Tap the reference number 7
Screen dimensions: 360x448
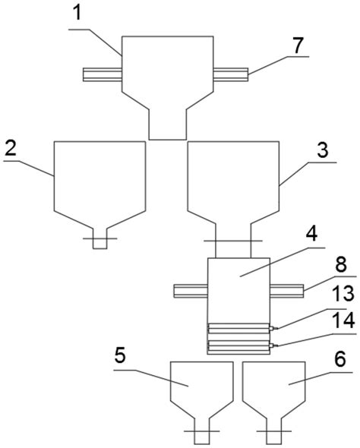297,46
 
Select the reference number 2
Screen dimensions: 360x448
11,148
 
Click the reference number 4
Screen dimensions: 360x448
311,235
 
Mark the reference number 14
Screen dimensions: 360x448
344,320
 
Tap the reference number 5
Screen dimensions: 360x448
120,355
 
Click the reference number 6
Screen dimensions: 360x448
340,359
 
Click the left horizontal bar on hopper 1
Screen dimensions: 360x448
103,74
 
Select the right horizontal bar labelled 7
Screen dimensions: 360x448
231,74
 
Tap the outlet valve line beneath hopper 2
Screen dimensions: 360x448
100,238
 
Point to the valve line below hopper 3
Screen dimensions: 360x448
233,241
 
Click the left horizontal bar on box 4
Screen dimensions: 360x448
191,291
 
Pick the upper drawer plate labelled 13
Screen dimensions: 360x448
239,328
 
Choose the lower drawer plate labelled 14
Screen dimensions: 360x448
239,345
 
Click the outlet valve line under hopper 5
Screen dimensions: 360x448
202,431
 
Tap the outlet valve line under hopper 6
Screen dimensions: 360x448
274,431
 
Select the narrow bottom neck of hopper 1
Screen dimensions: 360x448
168,125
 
